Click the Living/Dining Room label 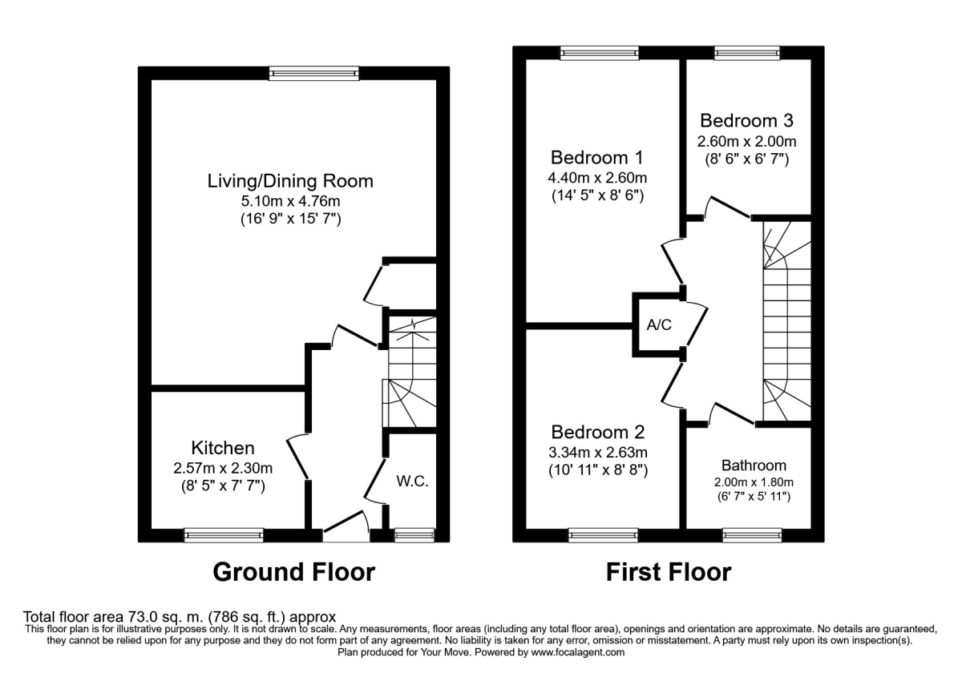pyautogui.click(x=290, y=181)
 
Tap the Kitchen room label pyautogui.click(x=223, y=448)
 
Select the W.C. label pyautogui.click(x=413, y=482)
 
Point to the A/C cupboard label pyautogui.click(x=659, y=326)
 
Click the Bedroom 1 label pyautogui.click(x=596, y=156)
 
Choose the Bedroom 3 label pyautogui.click(x=746, y=121)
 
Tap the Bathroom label pyautogui.click(x=754, y=465)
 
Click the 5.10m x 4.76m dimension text pyautogui.click(x=290, y=201)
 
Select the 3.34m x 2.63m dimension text pyautogui.click(x=597, y=452)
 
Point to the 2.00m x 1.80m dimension pyautogui.click(x=754, y=482)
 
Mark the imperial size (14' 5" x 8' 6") pyautogui.click(x=597, y=195)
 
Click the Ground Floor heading pyautogui.click(x=293, y=572)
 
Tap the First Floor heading pyautogui.click(x=668, y=572)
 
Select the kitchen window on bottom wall pyautogui.click(x=224, y=534)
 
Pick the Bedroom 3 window pyautogui.click(x=746, y=53)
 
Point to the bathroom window pyautogui.click(x=752, y=534)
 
